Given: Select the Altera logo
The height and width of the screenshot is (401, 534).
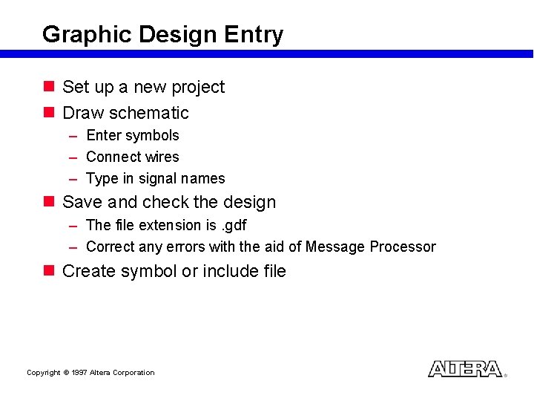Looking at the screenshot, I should click(x=465, y=369).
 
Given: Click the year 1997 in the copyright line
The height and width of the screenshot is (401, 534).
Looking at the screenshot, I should click(x=79, y=373).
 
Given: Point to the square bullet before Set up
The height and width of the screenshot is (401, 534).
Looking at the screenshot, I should click(x=49, y=86).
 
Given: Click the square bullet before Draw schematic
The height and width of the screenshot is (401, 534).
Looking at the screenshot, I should click(x=49, y=112).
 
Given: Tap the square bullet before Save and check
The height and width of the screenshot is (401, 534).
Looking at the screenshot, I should click(x=49, y=201).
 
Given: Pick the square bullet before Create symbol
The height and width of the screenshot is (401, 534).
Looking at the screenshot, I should click(x=49, y=270).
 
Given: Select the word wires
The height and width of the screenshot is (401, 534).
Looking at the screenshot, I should click(x=162, y=157).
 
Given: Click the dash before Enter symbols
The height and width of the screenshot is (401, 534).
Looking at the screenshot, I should click(x=73, y=136).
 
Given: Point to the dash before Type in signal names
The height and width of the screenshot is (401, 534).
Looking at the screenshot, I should click(x=73, y=179).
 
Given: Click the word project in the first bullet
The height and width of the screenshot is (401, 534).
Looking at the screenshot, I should click(x=198, y=88).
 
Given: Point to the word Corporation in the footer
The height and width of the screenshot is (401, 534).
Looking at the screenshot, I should click(x=133, y=373).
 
